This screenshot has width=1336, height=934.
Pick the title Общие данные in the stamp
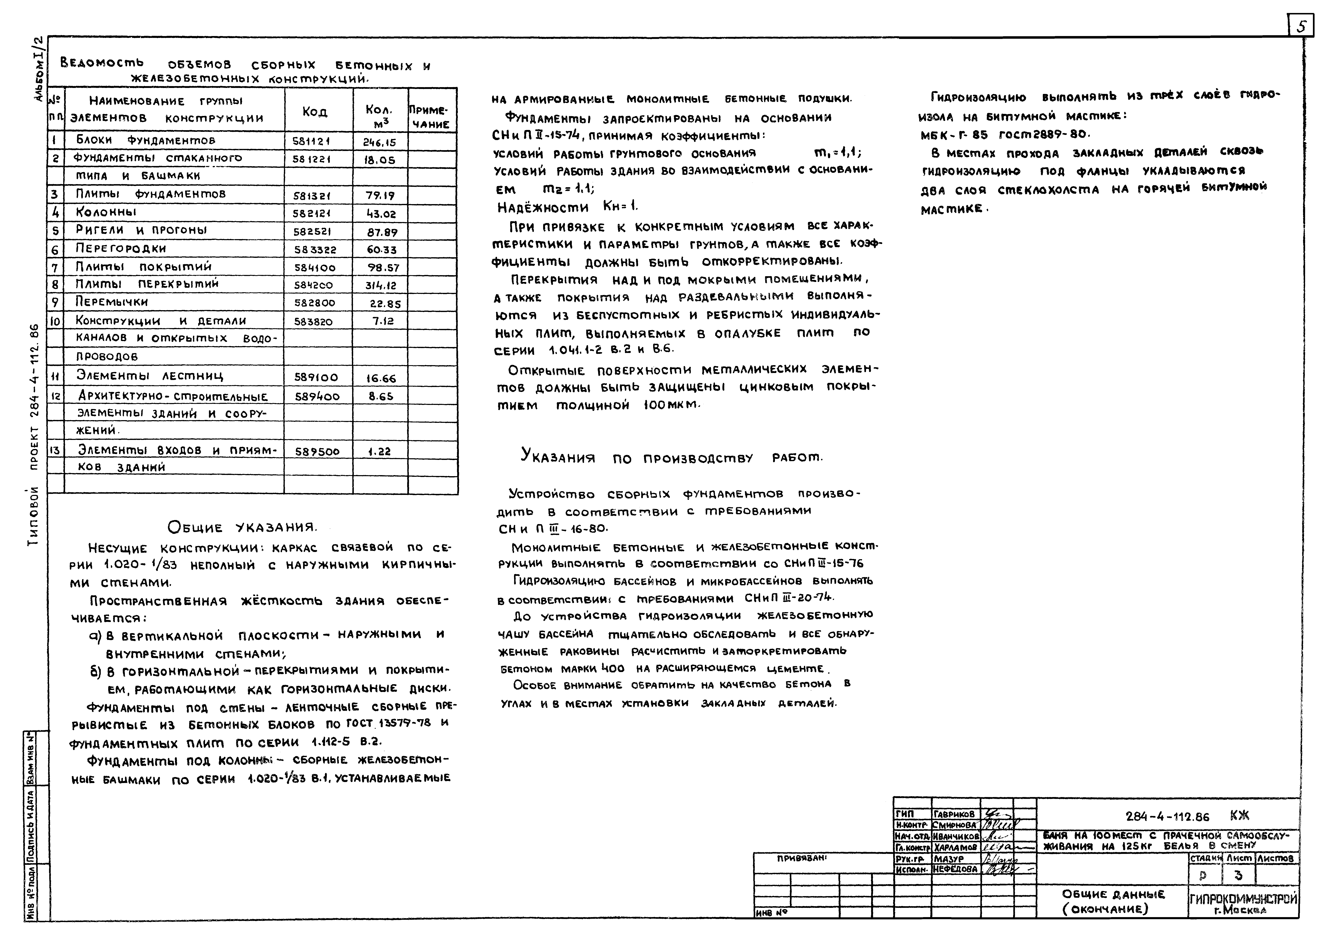[x=1113, y=894]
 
